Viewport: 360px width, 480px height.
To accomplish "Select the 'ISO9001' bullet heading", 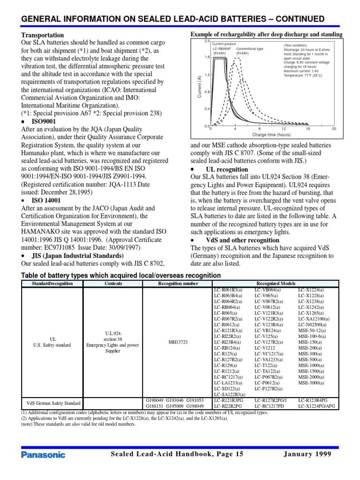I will coord(44,121).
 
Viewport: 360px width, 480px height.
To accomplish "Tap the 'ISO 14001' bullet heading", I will coord(46,200).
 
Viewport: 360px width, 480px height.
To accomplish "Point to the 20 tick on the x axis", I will coord(334,128).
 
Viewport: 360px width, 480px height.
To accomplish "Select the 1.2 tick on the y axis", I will coord(207,75).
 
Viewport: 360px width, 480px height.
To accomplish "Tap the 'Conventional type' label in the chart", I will coord(249,48).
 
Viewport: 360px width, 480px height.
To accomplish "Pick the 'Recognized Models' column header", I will coord(276,284).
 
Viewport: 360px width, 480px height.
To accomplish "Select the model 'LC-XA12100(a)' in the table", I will coord(314,318).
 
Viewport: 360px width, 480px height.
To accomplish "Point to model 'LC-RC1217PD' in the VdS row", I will coord(271,406).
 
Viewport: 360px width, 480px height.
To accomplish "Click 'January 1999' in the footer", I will coord(307,454).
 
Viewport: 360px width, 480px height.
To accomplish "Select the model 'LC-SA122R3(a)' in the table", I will coord(229,395).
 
